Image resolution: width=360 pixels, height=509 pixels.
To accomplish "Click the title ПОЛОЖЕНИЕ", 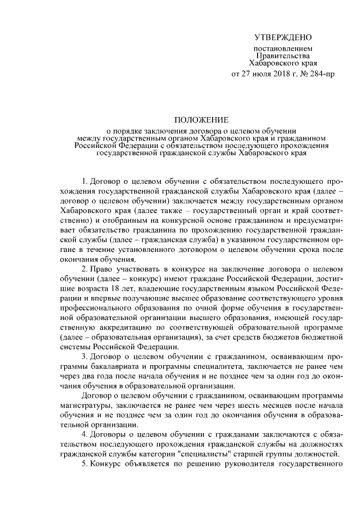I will pyautogui.click(x=201, y=120).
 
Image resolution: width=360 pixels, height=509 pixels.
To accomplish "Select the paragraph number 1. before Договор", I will pyautogui.click(x=85, y=182).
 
